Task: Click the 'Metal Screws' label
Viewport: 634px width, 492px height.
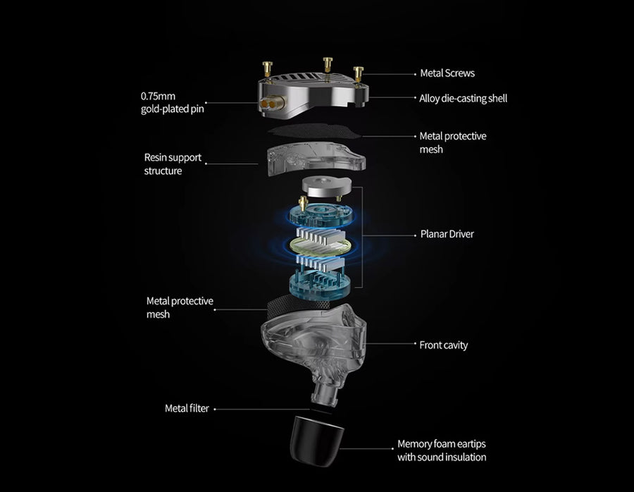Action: tap(447, 73)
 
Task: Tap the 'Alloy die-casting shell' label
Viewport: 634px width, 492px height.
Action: tap(463, 98)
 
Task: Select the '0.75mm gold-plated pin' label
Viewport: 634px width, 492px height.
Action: tap(173, 103)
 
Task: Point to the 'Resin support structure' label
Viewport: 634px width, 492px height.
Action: tap(173, 164)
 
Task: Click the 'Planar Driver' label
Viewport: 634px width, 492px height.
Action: tap(447, 234)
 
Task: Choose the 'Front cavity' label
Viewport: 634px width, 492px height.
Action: tap(444, 345)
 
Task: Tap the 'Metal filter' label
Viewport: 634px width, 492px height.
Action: tap(187, 408)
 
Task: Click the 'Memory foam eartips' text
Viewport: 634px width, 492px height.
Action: tap(442, 444)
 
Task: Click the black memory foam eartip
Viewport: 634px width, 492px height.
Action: tap(317, 441)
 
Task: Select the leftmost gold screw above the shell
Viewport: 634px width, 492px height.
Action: tap(267, 69)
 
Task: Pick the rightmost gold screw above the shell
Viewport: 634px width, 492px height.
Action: tap(359, 74)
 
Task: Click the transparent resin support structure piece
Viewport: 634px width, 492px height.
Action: tap(316, 159)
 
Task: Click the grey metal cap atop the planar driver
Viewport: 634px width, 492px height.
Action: tap(326, 187)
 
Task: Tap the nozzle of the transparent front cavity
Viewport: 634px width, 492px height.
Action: tap(325, 395)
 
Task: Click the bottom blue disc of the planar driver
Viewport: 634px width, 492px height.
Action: tap(319, 283)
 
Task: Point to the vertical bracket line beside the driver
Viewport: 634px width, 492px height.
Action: tap(362, 237)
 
